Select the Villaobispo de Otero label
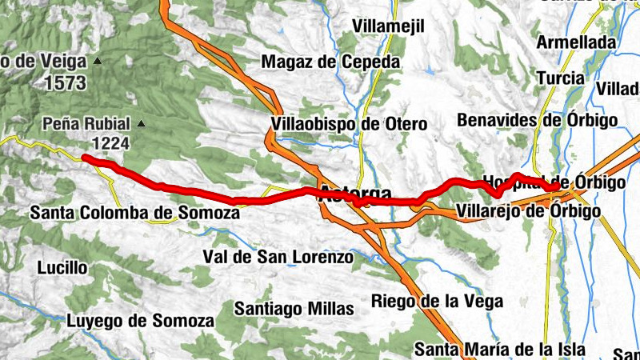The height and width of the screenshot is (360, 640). point(349,124)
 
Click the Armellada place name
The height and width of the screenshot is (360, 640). point(577,42)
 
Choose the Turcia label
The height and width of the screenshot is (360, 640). point(560,78)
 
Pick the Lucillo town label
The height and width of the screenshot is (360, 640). point(62,267)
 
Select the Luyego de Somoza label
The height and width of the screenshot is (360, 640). point(140,321)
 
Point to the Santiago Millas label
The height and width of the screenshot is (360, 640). point(294,308)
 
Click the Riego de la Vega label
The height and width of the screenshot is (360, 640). point(437,301)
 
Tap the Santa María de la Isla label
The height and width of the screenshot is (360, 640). point(500,350)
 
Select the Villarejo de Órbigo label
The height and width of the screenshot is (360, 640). point(528,211)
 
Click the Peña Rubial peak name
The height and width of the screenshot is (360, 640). point(88,124)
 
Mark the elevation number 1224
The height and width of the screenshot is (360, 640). point(111,142)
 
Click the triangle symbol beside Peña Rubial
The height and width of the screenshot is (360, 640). point(142,123)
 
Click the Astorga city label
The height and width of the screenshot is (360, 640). point(355,194)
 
